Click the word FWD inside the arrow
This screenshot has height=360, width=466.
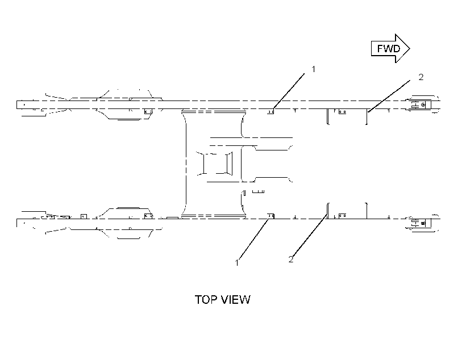(x=389, y=48)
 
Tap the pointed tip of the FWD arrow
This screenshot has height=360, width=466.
(x=410, y=48)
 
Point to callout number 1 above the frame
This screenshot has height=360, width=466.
(x=313, y=69)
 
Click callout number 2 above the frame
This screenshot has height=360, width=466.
(x=421, y=77)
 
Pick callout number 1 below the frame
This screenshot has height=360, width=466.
(x=237, y=263)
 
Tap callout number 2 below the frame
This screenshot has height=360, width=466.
(x=290, y=259)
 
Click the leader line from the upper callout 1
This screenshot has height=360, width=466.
(x=289, y=91)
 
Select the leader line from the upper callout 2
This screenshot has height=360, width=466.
(x=389, y=96)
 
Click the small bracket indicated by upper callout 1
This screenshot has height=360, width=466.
(x=271, y=111)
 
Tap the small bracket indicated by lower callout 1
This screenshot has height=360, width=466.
(x=271, y=216)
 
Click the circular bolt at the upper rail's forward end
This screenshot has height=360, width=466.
(x=423, y=104)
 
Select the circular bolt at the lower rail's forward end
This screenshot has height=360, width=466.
(x=423, y=223)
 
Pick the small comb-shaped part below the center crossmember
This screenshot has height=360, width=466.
(x=258, y=191)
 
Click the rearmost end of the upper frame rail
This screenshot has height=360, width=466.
(x=17, y=104)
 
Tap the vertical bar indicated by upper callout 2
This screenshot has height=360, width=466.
(x=367, y=116)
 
